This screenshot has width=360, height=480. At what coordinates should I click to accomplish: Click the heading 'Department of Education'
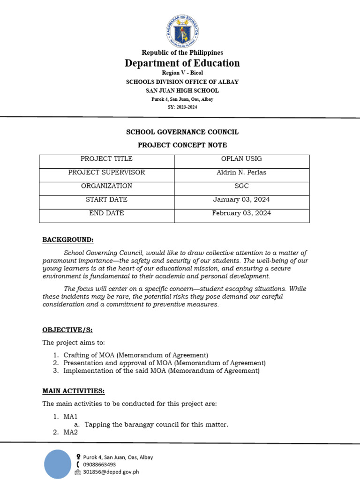(x=182, y=63)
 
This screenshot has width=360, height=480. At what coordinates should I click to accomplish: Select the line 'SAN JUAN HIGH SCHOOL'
(x=182, y=90)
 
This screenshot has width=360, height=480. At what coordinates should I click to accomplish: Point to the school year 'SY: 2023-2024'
(x=182, y=107)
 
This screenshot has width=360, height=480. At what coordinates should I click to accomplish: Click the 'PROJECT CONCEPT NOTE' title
(x=182, y=145)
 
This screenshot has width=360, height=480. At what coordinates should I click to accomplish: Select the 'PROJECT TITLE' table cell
(x=106, y=159)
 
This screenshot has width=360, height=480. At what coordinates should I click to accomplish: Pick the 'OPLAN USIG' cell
(x=241, y=159)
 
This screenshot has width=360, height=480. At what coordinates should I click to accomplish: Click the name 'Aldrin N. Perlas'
(x=241, y=172)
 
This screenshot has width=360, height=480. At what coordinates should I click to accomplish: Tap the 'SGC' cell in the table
(x=241, y=186)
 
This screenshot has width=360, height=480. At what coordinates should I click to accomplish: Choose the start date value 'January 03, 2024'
(x=241, y=200)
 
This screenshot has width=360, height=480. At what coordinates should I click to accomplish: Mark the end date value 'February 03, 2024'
(x=241, y=213)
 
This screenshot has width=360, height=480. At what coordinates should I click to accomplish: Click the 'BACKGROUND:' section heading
(x=68, y=240)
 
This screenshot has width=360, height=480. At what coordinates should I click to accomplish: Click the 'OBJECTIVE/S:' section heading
(x=71, y=330)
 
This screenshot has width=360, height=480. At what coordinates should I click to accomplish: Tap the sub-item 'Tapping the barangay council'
(x=156, y=425)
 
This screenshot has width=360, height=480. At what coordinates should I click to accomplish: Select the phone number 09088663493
(x=99, y=465)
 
